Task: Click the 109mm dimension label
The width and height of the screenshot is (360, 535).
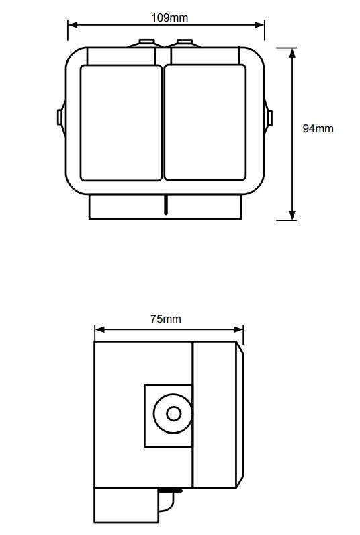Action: tap(169, 17)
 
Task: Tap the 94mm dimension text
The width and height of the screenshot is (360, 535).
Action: tap(318, 128)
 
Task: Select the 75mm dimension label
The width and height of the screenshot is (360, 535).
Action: tap(166, 319)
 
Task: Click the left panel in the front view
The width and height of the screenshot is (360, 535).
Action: tap(121, 123)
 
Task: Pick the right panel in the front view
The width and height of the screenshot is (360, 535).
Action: tap(205, 123)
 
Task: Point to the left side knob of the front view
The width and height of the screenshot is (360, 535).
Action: tap(61, 118)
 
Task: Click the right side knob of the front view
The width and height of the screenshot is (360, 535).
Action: tap(268, 118)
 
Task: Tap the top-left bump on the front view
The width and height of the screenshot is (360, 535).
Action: tap(146, 43)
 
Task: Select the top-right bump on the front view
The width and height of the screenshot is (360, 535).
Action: tap(184, 43)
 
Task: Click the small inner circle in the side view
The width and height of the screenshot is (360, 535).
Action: tap(173, 414)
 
